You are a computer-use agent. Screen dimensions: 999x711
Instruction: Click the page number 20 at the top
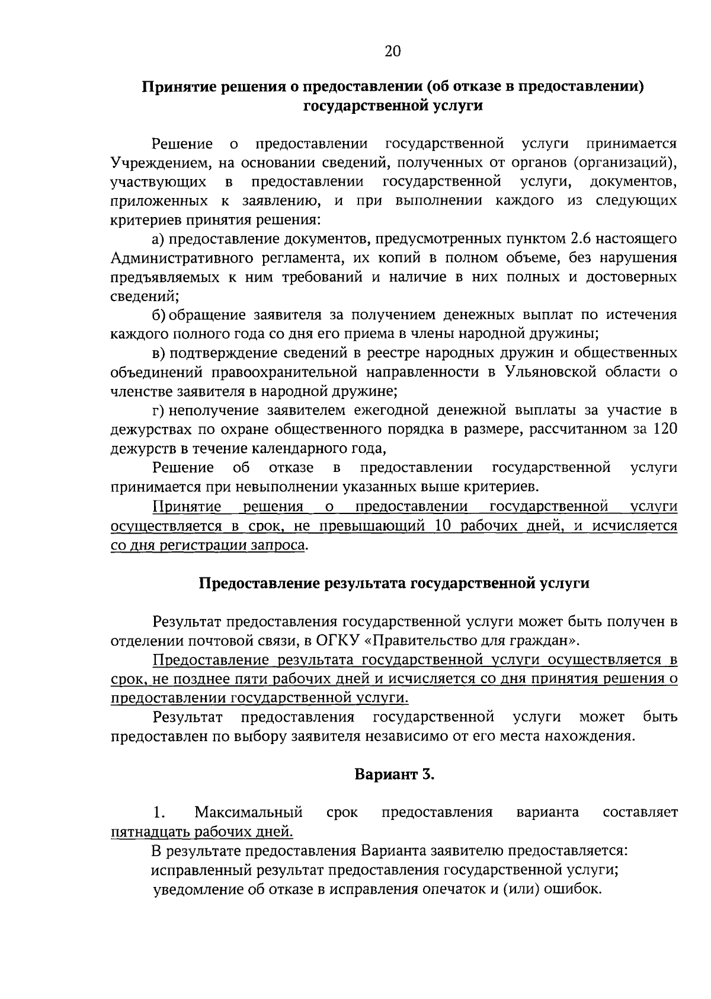coord(393,52)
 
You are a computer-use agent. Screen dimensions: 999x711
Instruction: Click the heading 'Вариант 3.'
coord(395,774)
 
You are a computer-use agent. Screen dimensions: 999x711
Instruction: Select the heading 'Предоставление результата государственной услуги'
coord(393,583)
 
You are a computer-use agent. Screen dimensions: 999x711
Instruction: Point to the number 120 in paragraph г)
coord(664,429)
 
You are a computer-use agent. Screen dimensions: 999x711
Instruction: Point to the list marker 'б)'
coord(159,315)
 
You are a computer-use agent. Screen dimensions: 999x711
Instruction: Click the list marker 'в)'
coord(158,353)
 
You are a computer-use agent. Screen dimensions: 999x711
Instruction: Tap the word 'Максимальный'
coord(249,812)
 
